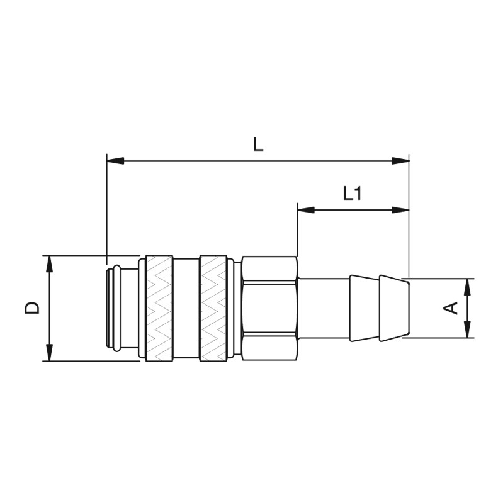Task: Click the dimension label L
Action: pyautogui.click(x=258, y=145)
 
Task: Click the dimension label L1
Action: pyautogui.click(x=353, y=194)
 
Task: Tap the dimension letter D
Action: pyautogui.click(x=32, y=308)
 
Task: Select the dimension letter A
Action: pyautogui.click(x=450, y=308)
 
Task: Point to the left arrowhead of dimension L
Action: pyautogui.click(x=115, y=161)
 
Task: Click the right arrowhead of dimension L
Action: pyautogui.click(x=400, y=161)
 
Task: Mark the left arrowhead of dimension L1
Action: pyautogui.click(x=306, y=210)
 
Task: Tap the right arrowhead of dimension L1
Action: pyautogui.click(x=401, y=210)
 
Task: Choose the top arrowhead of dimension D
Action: pyautogui.click(x=49, y=264)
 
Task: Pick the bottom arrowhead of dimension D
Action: pyautogui.click(x=49, y=352)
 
